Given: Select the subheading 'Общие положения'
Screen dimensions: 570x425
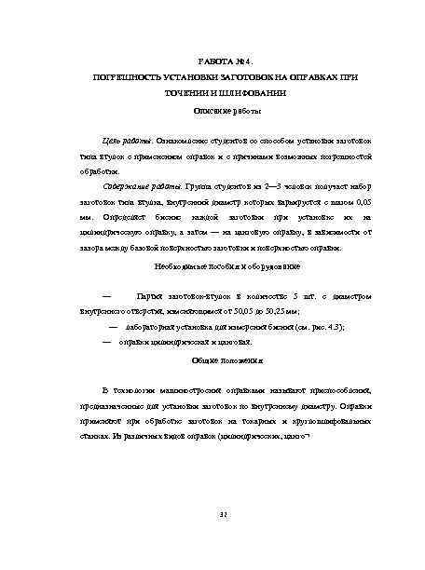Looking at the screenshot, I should [x=214, y=360].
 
